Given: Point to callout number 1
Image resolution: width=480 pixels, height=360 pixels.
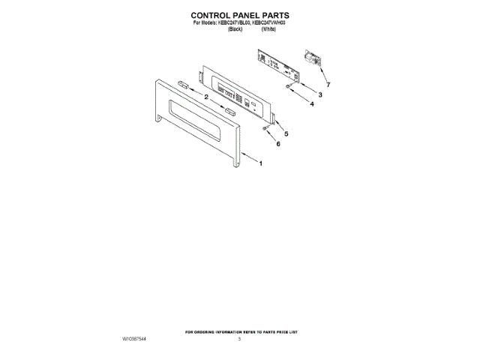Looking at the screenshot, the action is point(260,163).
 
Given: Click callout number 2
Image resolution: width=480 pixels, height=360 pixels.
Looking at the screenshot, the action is point(206,96).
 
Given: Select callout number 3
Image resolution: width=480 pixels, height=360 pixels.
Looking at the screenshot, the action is point(319,95).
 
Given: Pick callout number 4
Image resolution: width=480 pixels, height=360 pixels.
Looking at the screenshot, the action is point(310,106).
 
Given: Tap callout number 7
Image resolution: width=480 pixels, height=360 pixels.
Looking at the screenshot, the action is point(327,85).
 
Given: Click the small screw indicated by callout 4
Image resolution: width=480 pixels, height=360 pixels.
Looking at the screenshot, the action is point(289,88).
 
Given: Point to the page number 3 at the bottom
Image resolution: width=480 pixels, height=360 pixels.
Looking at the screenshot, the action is point(239,340).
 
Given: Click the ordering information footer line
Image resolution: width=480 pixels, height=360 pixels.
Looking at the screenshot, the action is point(239,331).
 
